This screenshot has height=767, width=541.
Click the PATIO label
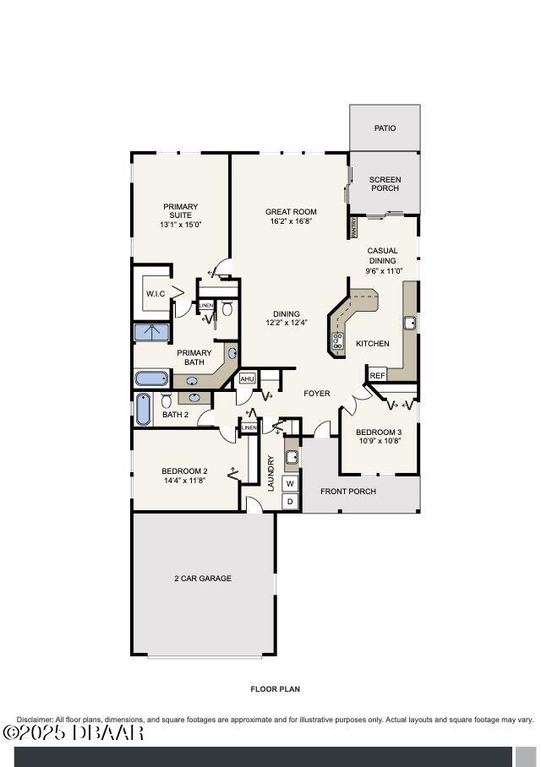coord(385,128)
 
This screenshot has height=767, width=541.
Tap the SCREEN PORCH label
coord(385,183)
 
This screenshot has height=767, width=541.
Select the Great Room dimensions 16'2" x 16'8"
coord(291,221)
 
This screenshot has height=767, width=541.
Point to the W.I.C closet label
coord(155,294)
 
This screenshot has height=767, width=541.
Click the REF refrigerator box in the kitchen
coord(377,375)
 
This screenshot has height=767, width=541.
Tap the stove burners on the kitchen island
coord(337,341)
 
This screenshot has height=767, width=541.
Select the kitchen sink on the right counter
coord(409,323)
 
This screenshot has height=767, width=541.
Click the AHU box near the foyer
coord(247,379)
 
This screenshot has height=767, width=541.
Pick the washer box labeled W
coord(290,483)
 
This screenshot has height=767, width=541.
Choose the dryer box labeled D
coord(290,502)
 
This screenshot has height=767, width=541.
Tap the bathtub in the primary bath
coord(152,378)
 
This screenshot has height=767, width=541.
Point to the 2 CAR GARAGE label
coord(203,579)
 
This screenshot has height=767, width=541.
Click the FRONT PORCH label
coord(347,492)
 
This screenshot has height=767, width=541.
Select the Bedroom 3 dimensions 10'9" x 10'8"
coord(379,441)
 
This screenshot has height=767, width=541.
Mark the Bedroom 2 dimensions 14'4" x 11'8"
coord(184,481)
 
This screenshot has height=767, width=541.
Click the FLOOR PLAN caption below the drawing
coord(275,689)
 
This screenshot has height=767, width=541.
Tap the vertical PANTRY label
coord(354,227)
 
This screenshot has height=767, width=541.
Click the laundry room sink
coord(291,457)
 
